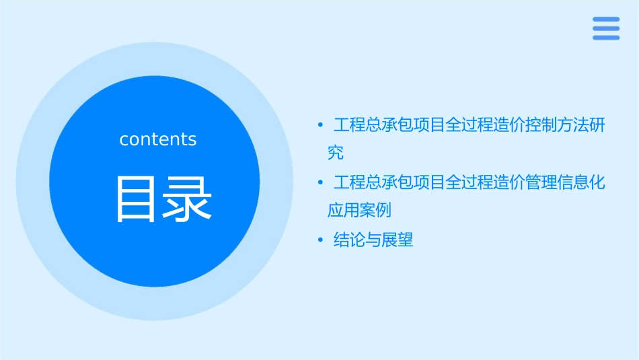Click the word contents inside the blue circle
coord(158,139)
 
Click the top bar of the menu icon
coord(606,20)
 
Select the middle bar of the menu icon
coord(606,28)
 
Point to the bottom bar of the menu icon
coord(606,37)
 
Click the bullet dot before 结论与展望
coord(321,240)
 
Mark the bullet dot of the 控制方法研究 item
coord(321,125)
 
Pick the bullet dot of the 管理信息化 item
coord(321,182)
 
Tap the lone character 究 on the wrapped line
coord(336,153)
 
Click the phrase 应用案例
coord(359,210)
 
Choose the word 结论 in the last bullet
coord(350,240)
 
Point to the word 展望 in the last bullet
coord(398,240)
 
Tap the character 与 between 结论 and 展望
coord(373,240)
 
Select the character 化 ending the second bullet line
coord(597,182)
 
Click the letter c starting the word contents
coord(124,140)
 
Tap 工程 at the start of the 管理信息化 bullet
coord(350,182)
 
